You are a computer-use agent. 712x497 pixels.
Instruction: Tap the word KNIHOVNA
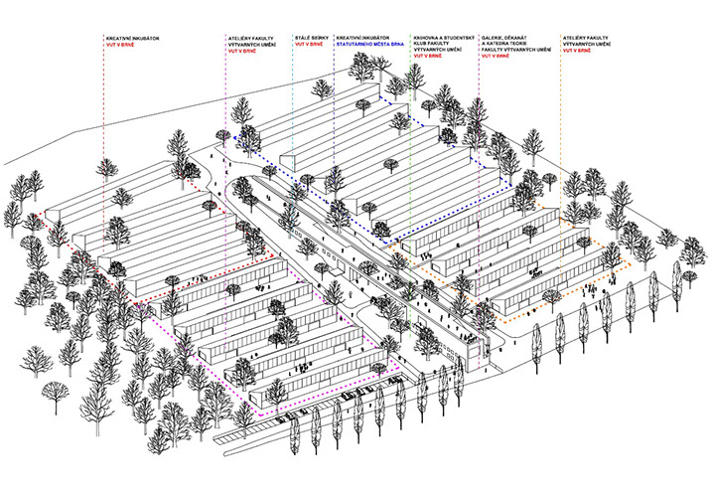[426, 38]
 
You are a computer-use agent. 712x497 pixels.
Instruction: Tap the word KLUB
[423, 45]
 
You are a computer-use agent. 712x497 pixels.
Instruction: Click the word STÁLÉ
[301, 38]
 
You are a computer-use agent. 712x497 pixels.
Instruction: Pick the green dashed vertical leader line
[409, 149]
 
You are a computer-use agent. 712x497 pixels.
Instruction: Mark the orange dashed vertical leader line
[560, 149]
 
